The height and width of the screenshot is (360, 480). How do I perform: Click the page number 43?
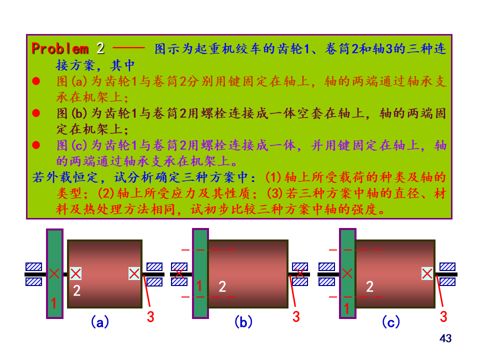click(x=445, y=338)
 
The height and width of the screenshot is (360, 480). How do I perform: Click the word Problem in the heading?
click(x=60, y=48)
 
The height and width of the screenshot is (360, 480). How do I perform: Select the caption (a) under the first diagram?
click(x=100, y=322)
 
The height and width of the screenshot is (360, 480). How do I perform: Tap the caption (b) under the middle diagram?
click(x=243, y=322)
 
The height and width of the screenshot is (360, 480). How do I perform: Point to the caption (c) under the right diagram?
click(x=390, y=322)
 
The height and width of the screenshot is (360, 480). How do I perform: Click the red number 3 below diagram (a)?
click(x=150, y=316)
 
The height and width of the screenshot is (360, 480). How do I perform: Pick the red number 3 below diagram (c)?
click(x=443, y=316)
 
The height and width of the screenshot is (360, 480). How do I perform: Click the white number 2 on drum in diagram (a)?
click(x=76, y=290)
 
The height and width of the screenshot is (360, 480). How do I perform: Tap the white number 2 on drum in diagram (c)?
click(x=369, y=286)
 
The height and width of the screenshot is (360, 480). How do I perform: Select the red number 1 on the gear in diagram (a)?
click(x=54, y=303)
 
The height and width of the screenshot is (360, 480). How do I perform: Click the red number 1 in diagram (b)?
click(x=199, y=286)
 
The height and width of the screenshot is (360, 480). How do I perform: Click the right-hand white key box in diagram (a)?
click(x=134, y=273)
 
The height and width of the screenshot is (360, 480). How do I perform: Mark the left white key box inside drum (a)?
click(x=75, y=273)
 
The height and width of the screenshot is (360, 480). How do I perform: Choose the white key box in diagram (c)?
click(x=427, y=273)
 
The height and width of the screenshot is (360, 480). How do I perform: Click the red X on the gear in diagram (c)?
click(x=347, y=273)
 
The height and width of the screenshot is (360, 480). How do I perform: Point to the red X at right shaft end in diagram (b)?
click(x=299, y=273)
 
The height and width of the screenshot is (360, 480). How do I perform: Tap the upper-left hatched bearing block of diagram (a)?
click(x=34, y=266)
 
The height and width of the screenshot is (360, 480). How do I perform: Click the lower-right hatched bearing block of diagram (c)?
click(x=447, y=281)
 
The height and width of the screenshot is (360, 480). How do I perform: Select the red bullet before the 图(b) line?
click(x=36, y=113)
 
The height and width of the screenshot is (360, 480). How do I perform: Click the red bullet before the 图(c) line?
click(x=36, y=145)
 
